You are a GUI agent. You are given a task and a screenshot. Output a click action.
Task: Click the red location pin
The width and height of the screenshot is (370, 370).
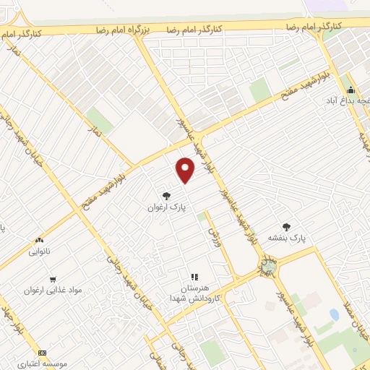[186, 169]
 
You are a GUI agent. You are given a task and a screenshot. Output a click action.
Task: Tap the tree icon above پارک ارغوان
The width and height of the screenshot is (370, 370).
[167, 195]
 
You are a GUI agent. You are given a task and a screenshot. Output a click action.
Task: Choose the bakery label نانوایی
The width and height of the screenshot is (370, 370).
[40, 252]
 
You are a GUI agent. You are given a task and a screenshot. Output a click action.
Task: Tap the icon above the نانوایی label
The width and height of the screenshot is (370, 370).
[40, 240]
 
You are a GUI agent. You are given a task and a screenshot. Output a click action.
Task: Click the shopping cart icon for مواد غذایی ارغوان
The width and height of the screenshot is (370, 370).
[53, 279]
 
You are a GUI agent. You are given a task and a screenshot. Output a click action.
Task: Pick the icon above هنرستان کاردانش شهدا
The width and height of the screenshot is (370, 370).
[194, 276]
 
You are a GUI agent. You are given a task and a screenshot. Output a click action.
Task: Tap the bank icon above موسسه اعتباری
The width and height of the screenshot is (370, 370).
[41, 352]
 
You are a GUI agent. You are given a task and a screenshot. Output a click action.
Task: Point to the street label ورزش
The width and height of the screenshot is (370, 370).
[213, 235]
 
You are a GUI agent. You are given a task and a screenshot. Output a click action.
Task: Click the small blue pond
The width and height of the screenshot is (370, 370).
[334, 315]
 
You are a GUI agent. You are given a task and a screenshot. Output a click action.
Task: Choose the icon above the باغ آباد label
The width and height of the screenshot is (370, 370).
[351, 90]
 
